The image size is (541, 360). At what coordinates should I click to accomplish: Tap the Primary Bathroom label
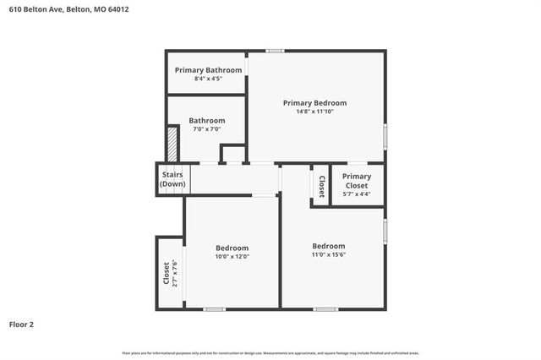[x=208, y=69]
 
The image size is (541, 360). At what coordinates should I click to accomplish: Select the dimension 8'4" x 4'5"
[x=208, y=79]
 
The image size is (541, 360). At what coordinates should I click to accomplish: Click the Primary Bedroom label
[x=314, y=103]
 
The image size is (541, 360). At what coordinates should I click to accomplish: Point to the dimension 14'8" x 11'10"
[x=314, y=112]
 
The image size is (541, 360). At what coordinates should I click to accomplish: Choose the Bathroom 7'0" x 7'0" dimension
[x=206, y=129]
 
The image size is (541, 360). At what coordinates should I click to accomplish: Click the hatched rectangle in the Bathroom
[x=172, y=143]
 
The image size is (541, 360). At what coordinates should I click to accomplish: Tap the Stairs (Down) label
[x=172, y=179]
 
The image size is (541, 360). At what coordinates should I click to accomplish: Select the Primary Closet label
[x=356, y=181]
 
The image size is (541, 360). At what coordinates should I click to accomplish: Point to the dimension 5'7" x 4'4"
[x=356, y=194]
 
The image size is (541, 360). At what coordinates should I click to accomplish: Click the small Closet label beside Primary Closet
[x=321, y=183]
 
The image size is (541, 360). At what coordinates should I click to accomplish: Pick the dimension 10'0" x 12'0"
[x=232, y=256]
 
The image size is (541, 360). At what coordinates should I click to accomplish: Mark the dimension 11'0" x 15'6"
[x=328, y=254]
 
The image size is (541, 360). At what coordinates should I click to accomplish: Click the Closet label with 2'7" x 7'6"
[x=167, y=273]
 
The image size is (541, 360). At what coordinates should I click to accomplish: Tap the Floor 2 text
[x=22, y=324]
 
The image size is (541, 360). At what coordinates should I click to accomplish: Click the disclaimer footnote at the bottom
[x=270, y=352]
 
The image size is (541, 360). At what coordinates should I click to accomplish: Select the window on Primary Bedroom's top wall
[x=275, y=51]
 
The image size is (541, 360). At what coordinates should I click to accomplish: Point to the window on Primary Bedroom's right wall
[x=385, y=136]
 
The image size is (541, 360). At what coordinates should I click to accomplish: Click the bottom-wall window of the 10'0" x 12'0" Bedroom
[x=215, y=308]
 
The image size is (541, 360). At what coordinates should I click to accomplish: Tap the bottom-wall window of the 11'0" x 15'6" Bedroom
[x=325, y=308]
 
